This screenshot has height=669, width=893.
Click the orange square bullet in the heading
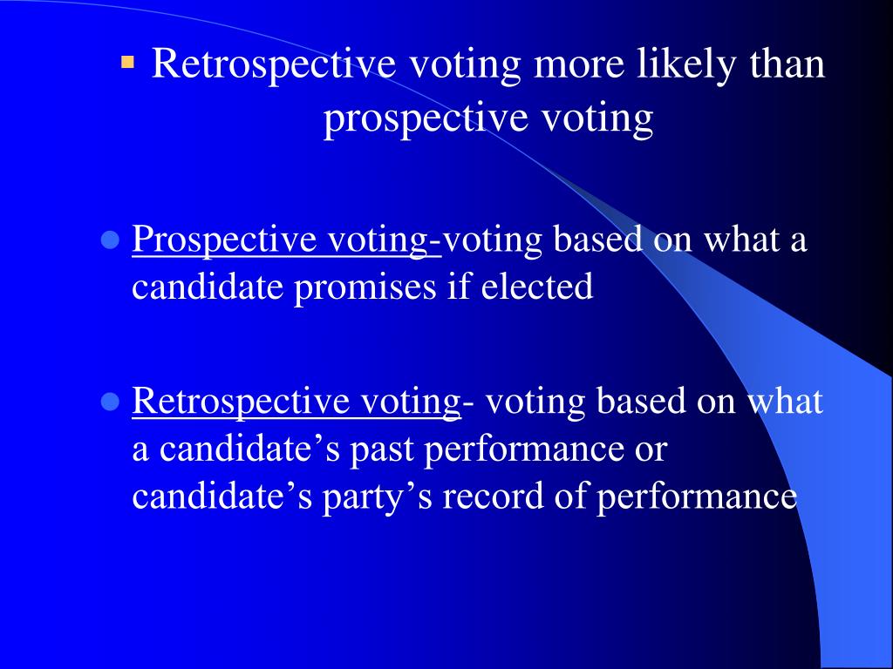click(128, 62)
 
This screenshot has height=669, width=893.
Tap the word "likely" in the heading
click(685, 63)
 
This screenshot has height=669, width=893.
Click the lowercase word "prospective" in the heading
click(426, 118)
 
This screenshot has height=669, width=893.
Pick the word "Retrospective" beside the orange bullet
click(273, 63)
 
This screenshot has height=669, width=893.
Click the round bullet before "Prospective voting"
click(109, 240)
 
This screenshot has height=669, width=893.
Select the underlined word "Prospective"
click(224, 240)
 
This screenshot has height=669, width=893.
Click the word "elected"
click(537, 286)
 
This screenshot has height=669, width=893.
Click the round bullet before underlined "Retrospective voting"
click(109, 402)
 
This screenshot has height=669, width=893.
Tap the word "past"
click(382, 449)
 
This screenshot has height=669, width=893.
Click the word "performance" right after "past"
click(524, 449)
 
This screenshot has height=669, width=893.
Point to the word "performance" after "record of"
click(696, 497)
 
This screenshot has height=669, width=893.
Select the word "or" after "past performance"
click(650, 450)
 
